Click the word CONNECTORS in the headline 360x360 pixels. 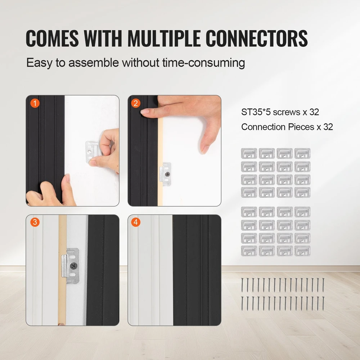tap(256, 39)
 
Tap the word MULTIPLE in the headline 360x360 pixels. tap(164, 39)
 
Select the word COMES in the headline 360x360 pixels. tap(52, 39)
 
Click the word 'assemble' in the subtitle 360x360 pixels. tap(94, 62)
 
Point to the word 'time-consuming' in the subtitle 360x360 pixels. tap(203, 63)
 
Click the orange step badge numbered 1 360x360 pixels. tap(35, 103)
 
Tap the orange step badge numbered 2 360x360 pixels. tap(136, 103)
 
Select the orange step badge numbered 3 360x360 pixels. tap(35, 222)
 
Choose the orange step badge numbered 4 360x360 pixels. tap(136, 222)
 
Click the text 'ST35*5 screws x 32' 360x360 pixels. tap(280, 112)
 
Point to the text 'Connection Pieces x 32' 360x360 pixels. tap(287, 127)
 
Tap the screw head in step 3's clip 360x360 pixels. tap(73, 266)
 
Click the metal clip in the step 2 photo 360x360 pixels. tap(165, 174)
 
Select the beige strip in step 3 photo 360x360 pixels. tap(62, 270)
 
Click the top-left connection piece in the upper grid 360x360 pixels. tap(249, 153)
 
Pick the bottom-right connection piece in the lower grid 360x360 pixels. tap(302, 251)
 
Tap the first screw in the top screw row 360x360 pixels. tap(242, 285)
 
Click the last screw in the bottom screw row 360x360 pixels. tap(323, 303)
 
